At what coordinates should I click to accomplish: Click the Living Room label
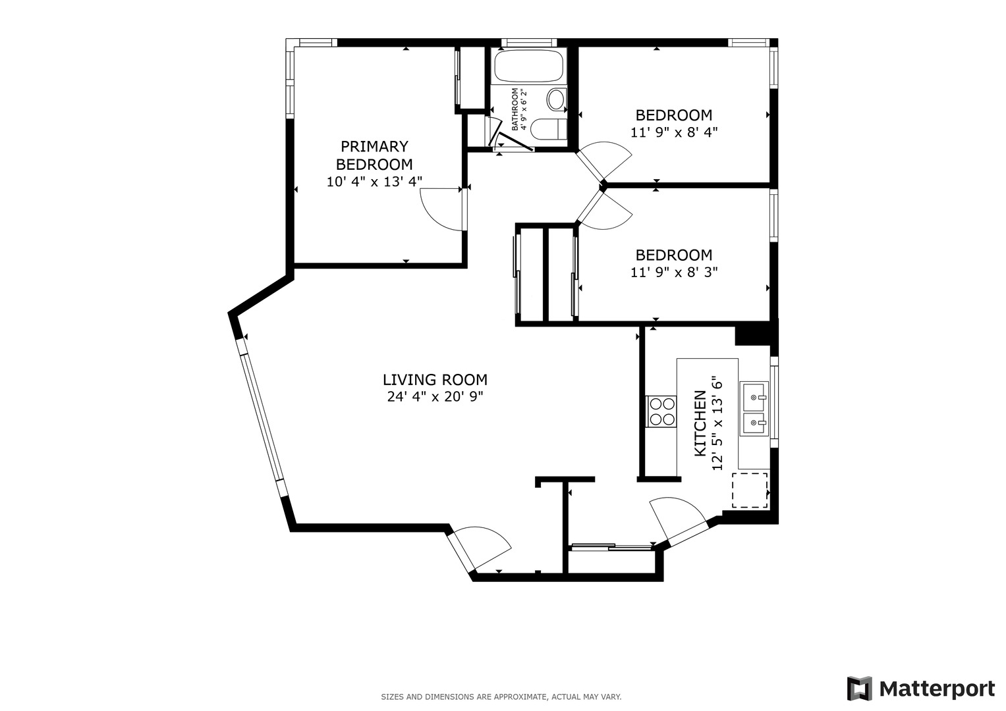435,380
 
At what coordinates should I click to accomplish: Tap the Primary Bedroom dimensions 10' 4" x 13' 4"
374,182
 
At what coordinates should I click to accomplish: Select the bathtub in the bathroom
528,66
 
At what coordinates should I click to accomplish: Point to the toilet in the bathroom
557,99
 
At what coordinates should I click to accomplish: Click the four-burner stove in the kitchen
661,411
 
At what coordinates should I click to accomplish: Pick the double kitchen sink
754,408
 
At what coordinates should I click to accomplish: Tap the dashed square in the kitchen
750,490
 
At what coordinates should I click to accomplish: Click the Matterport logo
920,689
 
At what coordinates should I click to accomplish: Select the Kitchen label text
700,423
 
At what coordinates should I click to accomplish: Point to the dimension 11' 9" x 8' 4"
674,132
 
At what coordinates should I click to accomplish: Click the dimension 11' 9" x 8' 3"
674,272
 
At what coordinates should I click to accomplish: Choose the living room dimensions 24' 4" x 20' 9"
435,397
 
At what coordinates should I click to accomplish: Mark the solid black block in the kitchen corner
756,335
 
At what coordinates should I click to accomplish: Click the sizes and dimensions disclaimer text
501,697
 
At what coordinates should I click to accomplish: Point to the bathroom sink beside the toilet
548,129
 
